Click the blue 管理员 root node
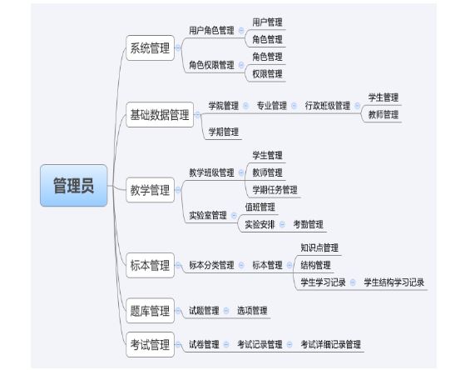click(x=73, y=186)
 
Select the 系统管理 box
click(x=150, y=48)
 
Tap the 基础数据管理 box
click(x=160, y=115)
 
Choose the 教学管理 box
click(x=150, y=190)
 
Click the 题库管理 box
click(x=150, y=311)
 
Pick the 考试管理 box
click(x=150, y=344)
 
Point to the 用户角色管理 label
click(x=211, y=30)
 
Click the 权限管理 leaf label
click(x=267, y=74)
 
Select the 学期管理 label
click(x=224, y=132)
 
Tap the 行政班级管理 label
click(x=328, y=106)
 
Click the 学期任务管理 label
click(x=275, y=190)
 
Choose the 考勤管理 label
click(x=308, y=225)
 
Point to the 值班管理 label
click(x=260, y=207)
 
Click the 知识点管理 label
click(x=319, y=247)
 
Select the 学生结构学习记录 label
click(x=393, y=282)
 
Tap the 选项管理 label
click(x=252, y=311)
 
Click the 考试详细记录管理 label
click(x=330, y=344)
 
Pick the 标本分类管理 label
click(x=211, y=265)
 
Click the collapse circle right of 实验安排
click(x=282, y=225)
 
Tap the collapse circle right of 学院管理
click(x=246, y=106)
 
